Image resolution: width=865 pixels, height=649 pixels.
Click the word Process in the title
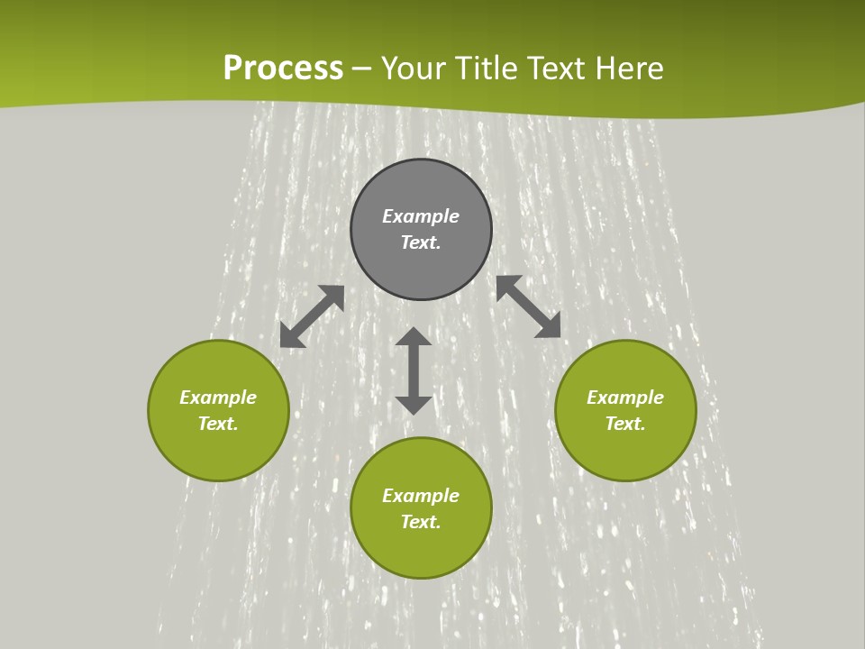(283, 69)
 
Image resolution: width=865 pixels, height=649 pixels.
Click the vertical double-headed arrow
(414, 370)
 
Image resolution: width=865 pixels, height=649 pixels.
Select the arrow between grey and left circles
(312, 316)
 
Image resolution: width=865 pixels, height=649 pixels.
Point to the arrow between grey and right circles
(529, 307)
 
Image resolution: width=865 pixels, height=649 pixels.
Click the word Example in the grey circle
(421, 216)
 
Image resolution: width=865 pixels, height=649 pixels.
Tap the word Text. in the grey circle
(421, 242)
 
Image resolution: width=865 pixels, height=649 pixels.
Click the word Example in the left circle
(218, 398)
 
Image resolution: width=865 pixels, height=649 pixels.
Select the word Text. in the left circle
(218, 424)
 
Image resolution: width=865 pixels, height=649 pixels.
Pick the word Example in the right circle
(625, 398)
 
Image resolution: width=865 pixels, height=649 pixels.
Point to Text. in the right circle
(625, 424)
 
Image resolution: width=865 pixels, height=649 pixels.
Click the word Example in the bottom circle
(421, 496)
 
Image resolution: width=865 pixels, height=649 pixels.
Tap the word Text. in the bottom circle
(421, 522)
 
